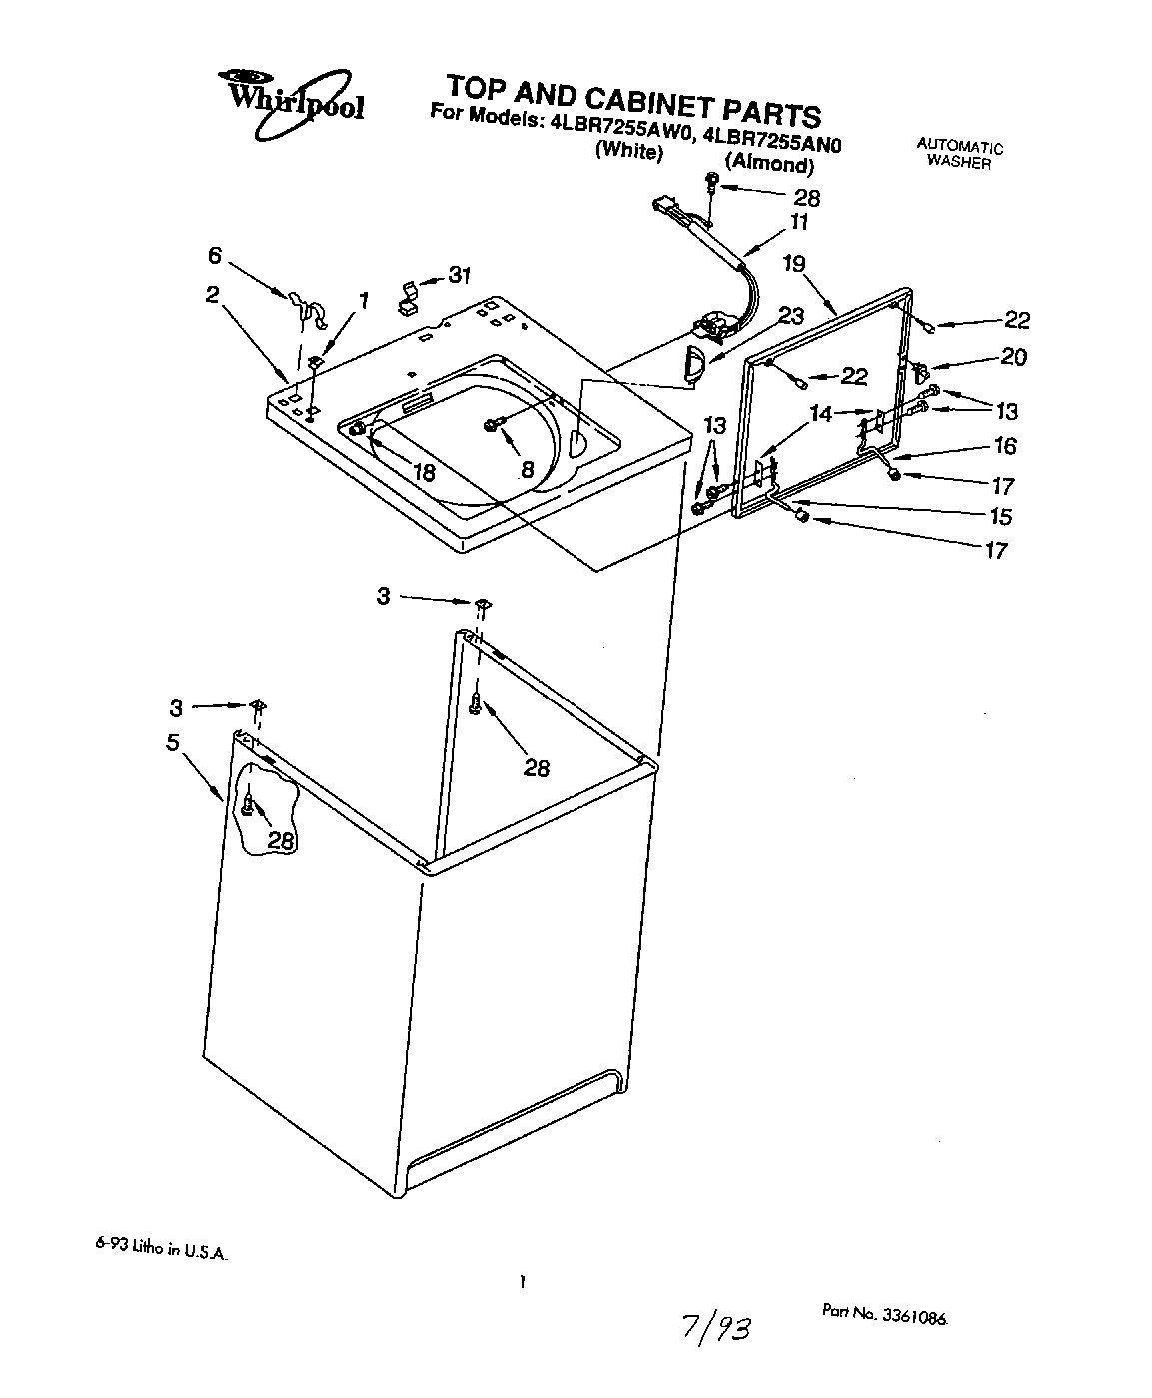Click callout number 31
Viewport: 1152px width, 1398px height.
point(459,275)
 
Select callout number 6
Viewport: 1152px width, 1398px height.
point(214,256)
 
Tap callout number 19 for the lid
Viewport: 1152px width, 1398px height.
point(793,264)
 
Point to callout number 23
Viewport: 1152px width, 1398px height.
point(790,316)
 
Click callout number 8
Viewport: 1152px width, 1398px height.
point(527,468)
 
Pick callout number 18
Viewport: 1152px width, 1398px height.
point(425,473)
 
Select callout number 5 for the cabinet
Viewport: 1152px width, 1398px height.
point(173,743)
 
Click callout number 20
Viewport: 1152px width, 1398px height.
point(1012,357)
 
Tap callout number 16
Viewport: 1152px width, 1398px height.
point(1004,446)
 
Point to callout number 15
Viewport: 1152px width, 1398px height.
point(999,516)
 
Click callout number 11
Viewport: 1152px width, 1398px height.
point(799,222)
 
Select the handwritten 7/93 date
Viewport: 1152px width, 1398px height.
point(713,1328)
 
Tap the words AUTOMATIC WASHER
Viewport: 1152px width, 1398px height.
point(959,154)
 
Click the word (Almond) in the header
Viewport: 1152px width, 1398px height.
point(767,163)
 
